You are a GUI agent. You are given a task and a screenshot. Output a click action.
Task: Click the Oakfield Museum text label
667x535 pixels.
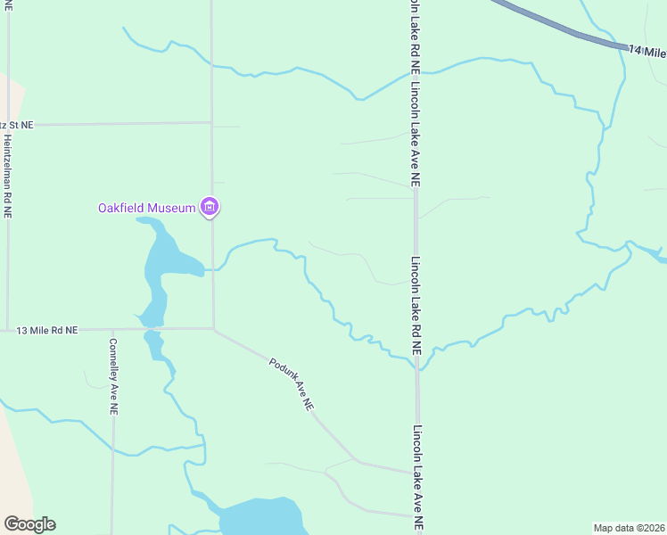point(146,209)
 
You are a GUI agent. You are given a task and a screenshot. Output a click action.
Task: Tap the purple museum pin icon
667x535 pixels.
point(210,208)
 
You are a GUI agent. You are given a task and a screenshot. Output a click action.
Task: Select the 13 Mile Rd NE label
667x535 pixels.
point(47,330)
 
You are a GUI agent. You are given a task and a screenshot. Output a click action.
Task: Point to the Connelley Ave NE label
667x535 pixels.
point(113,376)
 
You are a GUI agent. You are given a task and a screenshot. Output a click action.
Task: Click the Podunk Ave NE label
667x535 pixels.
point(292,383)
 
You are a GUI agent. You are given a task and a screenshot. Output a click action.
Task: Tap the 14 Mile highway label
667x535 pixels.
point(646,52)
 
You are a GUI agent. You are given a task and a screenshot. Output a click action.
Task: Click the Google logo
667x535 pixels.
point(29,524)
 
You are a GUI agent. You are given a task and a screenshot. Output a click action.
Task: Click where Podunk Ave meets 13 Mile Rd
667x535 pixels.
point(213,329)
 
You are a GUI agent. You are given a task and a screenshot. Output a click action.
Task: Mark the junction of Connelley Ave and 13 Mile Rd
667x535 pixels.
point(113,330)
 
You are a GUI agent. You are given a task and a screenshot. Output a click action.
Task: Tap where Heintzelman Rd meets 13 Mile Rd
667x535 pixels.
point(8,330)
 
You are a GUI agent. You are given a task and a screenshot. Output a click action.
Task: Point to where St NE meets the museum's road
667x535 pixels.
point(211,123)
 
